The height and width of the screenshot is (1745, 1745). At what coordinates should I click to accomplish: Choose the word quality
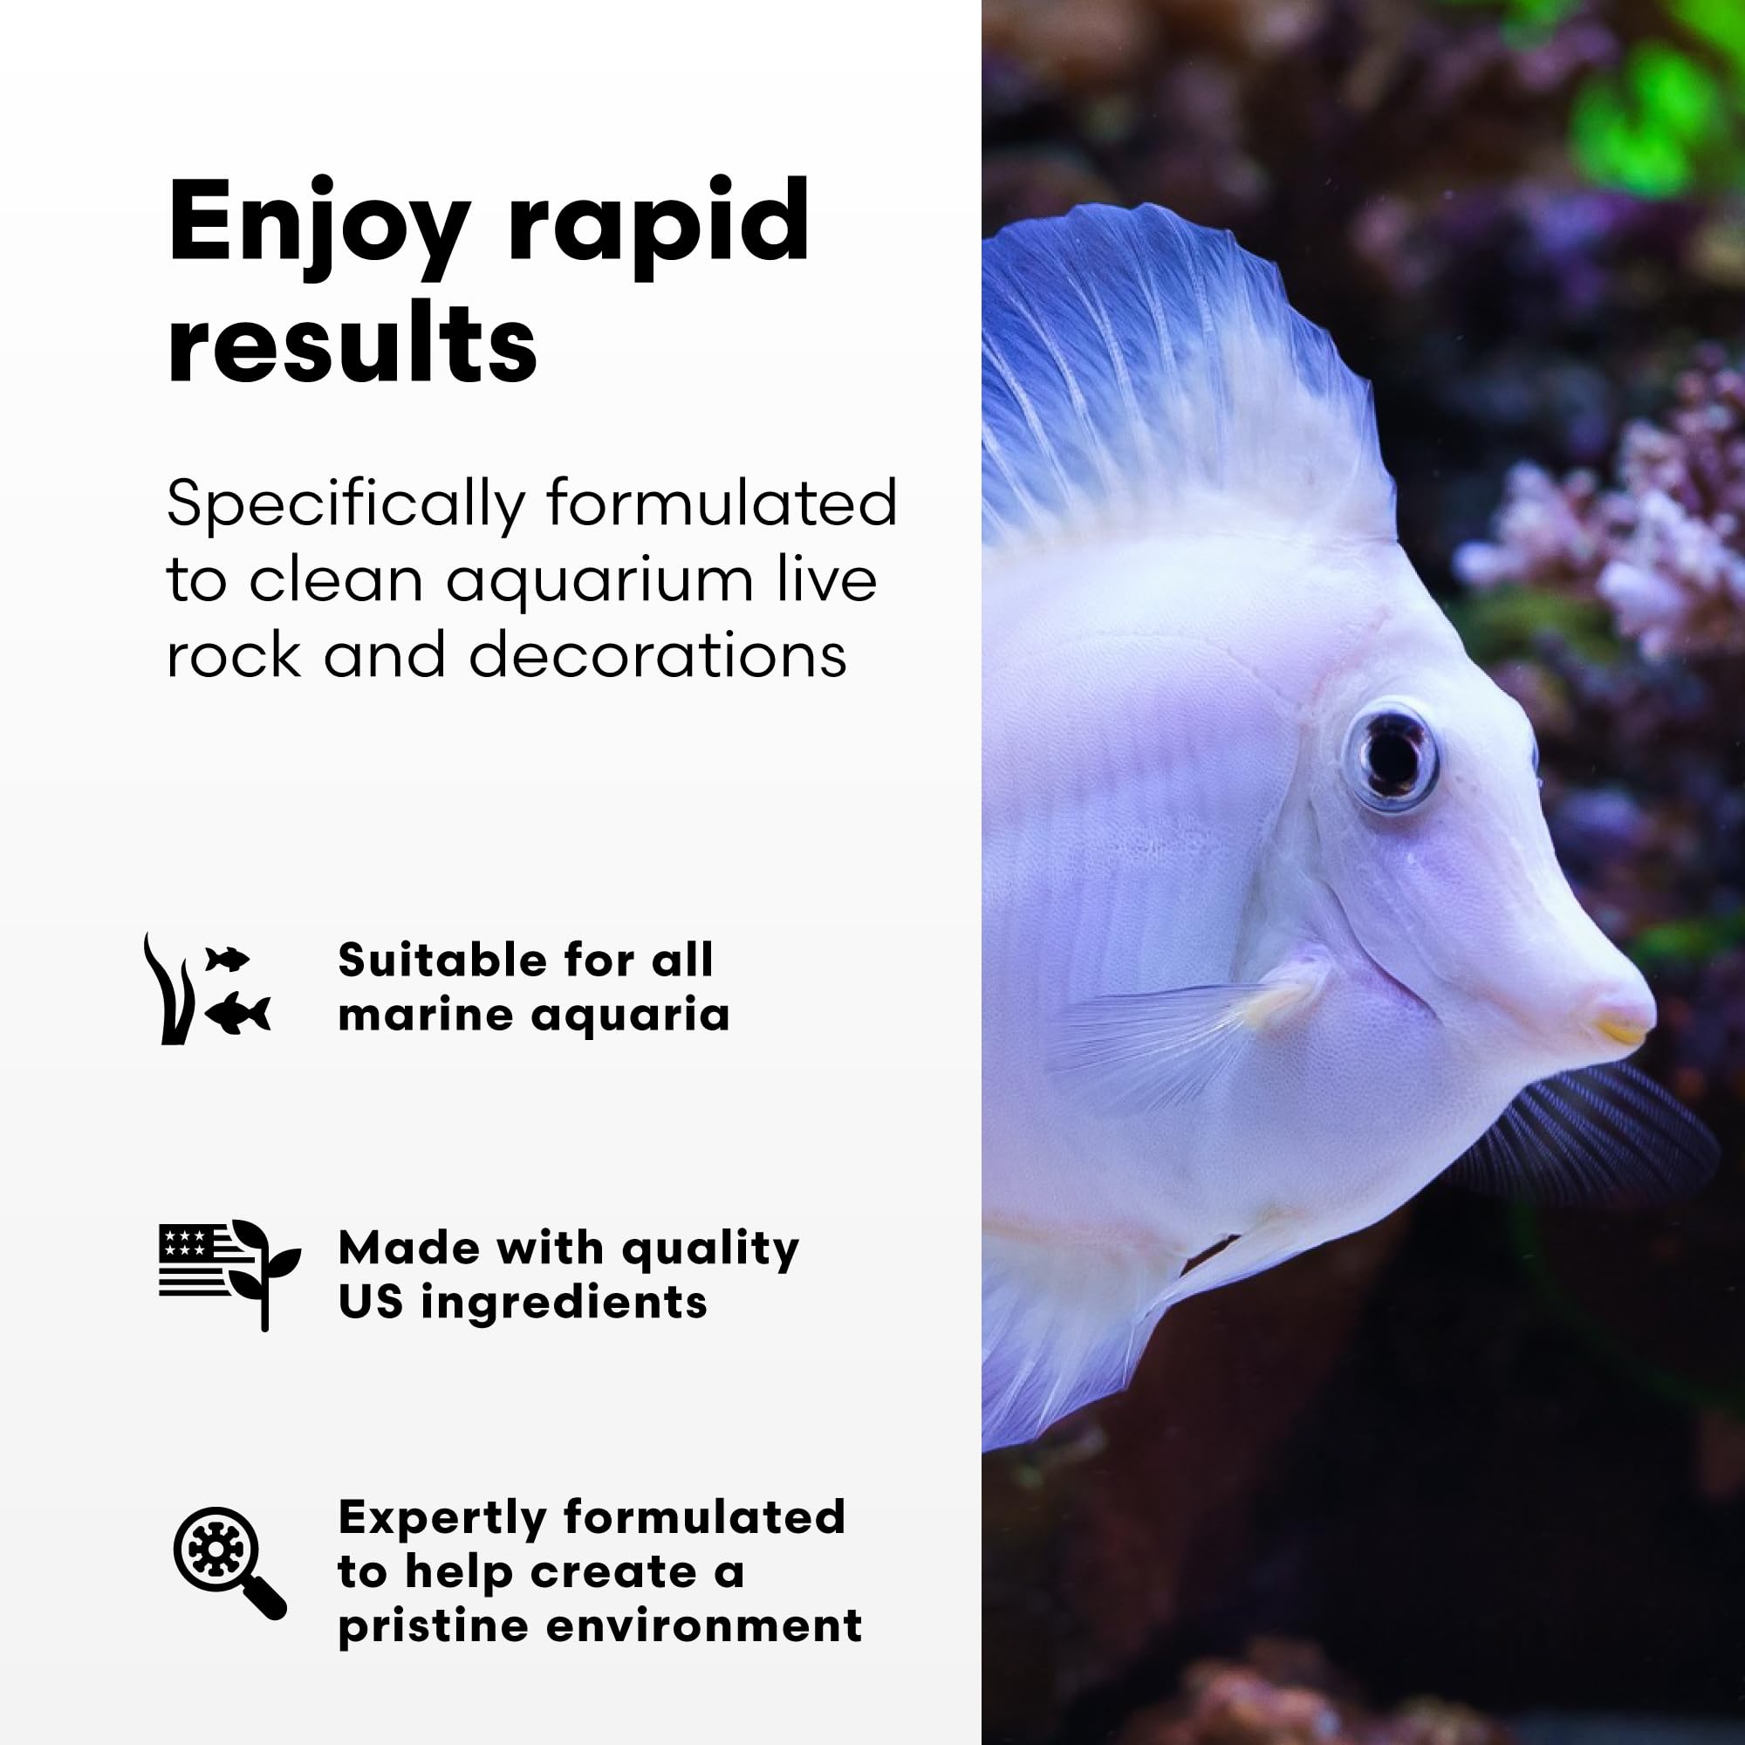point(710,1250)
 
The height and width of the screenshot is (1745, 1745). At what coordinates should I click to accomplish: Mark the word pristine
point(432,1626)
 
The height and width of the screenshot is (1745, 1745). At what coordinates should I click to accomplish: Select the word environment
point(704,1626)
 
